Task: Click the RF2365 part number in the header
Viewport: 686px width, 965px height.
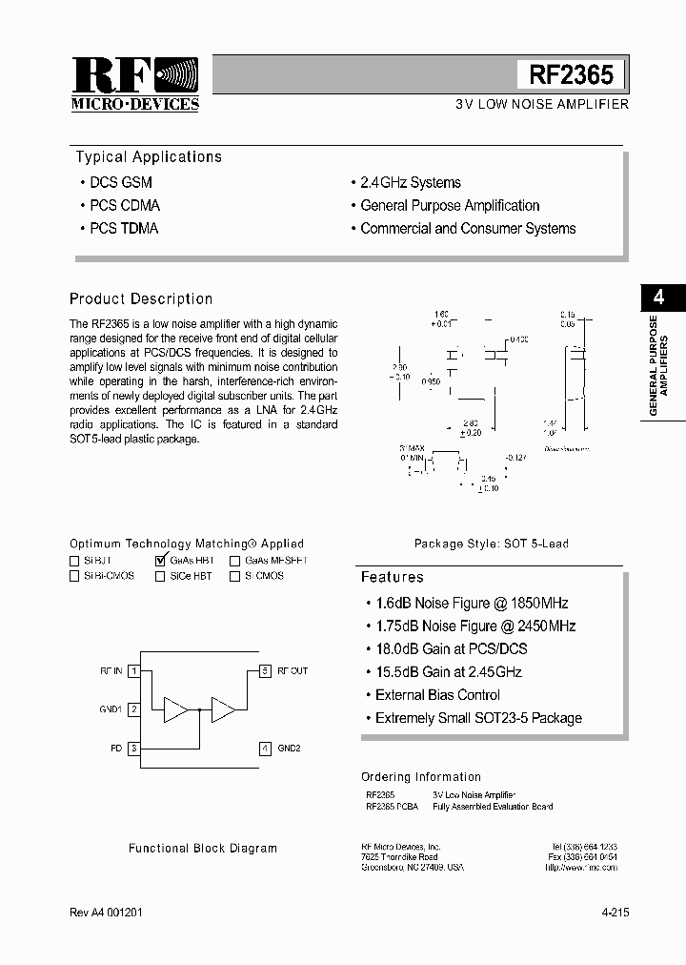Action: pyautogui.click(x=572, y=75)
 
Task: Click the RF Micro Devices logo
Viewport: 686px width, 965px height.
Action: pyautogui.click(x=134, y=84)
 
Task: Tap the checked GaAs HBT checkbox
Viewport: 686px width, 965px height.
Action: pyautogui.click(x=160, y=561)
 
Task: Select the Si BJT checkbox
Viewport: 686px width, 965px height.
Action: pyautogui.click(x=74, y=561)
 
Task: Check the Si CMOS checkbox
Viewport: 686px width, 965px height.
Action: pyautogui.click(x=234, y=576)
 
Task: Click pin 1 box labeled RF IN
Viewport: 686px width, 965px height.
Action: pyautogui.click(x=135, y=671)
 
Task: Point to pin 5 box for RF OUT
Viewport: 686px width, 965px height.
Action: pyautogui.click(x=266, y=671)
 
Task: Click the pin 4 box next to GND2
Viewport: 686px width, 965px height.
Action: pyautogui.click(x=266, y=749)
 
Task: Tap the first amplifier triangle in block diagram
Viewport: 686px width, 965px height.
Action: pyautogui.click(x=176, y=709)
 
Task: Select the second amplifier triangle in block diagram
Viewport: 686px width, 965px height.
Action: pyautogui.click(x=223, y=709)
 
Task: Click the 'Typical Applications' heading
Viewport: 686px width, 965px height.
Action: pyautogui.click(x=149, y=157)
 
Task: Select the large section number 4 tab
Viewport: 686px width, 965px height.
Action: pyautogui.click(x=656, y=297)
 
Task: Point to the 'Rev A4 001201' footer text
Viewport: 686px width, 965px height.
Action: pyautogui.click(x=108, y=913)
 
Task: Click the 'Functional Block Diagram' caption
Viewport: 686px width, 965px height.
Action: pyautogui.click(x=203, y=848)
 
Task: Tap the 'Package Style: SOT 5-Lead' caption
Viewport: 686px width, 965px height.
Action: pyautogui.click(x=491, y=544)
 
